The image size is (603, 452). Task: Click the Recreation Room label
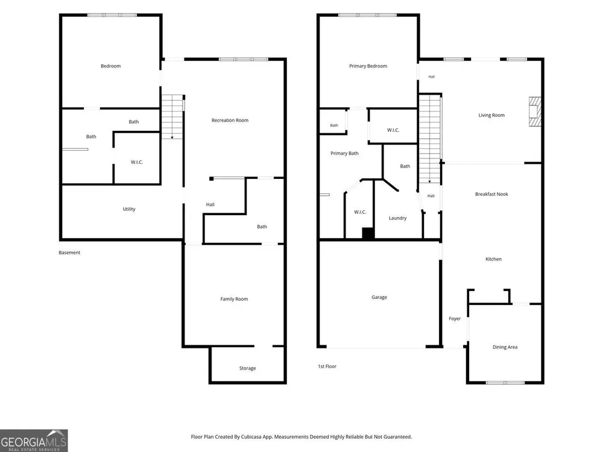click(x=230, y=121)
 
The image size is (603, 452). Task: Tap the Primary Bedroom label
click(x=368, y=66)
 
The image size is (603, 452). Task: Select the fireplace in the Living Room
click(x=535, y=111)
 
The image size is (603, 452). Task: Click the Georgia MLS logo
click(x=34, y=441)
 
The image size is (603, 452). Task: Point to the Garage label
click(x=379, y=297)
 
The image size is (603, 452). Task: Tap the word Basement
click(x=69, y=253)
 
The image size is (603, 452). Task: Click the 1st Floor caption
click(x=327, y=366)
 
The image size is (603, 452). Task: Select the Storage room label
click(x=247, y=368)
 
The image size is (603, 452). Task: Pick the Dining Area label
click(x=505, y=347)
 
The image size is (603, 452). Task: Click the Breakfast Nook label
click(x=491, y=194)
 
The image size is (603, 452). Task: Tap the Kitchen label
click(x=493, y=259)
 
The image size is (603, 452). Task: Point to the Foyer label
click(x=455, y=319)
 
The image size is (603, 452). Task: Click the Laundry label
click(x=397, y=218)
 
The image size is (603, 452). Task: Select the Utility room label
click(x=129, y=209)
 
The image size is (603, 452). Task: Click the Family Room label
click(x=234, y=299)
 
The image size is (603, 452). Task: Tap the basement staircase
click(x=172, y=117)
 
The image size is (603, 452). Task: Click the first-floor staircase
click(x=429, y=139)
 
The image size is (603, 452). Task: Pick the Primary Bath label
click(x=344, y=153)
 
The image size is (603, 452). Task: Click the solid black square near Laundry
click(x=368, y=234)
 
